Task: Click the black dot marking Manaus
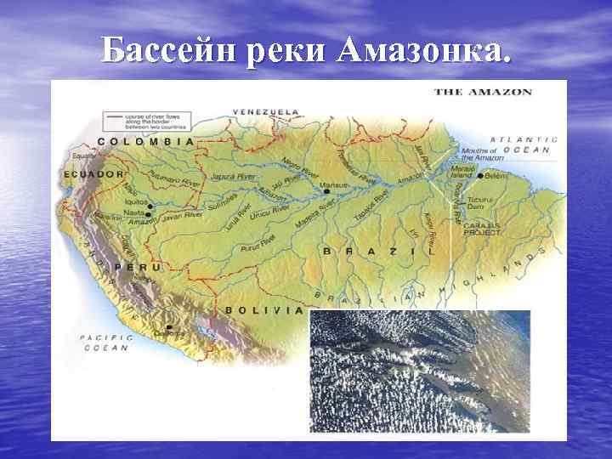[x=327, y=192]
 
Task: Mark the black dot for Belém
[x=480, y=176]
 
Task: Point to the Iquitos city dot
[x=150, y=206]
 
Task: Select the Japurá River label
[x=235, y=177]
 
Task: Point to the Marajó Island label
[x=464, y=173]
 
